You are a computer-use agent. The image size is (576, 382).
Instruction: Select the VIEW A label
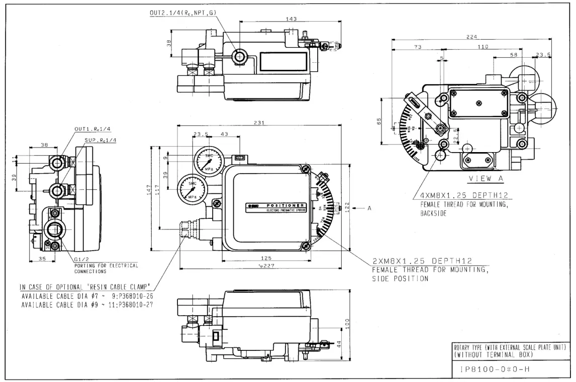click(x=486, y=179)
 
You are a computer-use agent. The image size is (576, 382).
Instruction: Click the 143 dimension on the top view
click(x=291, y=19)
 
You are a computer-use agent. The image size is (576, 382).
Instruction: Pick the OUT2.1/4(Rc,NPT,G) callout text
click(x=184, y=13)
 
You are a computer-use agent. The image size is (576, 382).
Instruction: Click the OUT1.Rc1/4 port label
click(x=88, y=129)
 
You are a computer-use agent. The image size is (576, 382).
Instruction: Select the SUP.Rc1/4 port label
click(x=101, y=140)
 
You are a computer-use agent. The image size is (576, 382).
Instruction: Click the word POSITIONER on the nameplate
click(x=285, y=205)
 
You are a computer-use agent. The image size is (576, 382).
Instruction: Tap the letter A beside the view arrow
click(x=368, y=208)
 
